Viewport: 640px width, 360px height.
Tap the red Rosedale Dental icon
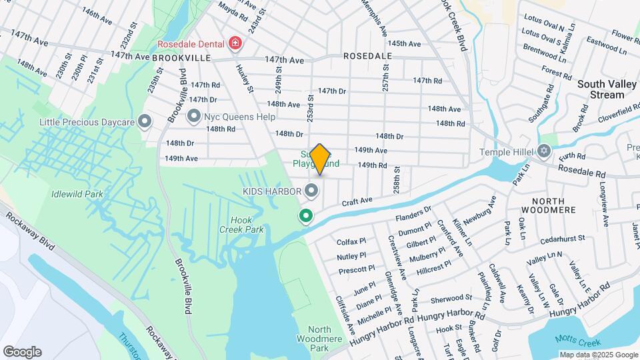235,44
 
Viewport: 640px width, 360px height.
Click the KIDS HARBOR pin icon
311,192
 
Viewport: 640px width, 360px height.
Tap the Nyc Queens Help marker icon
194,117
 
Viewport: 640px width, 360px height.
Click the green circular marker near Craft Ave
306,216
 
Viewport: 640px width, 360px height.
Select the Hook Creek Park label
247,225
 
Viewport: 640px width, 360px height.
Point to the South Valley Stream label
601,89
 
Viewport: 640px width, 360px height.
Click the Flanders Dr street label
415,214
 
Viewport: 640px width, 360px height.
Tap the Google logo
22,352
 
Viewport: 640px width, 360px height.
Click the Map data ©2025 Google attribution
598,355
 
